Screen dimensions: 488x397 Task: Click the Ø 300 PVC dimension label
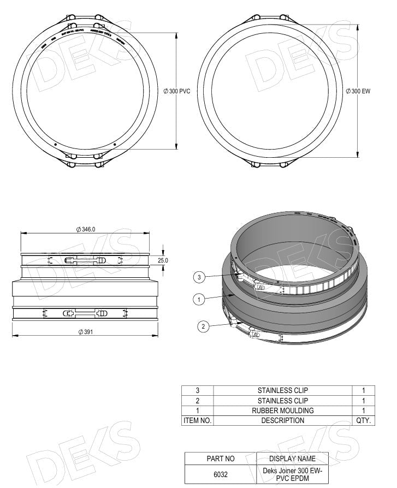tap(177, 91)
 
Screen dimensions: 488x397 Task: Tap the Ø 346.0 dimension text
tap(86, 230)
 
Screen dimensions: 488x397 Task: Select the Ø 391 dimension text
tap(85, 332)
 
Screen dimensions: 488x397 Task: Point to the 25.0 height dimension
tap(163, 261)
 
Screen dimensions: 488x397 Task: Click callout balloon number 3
tap(199, 278)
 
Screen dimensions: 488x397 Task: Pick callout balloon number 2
tap(203, 326)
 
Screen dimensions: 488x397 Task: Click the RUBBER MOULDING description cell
tap(282, 410)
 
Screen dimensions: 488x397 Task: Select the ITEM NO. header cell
tap(197, 420)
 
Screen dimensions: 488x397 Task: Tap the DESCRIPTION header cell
tap(282, 420)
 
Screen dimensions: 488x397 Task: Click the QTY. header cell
tap(363, 420)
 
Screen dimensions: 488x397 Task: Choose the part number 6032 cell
tap(221, 474)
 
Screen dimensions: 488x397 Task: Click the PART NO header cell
tap(221, 459)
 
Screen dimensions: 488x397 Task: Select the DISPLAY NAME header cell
tap(292, 459)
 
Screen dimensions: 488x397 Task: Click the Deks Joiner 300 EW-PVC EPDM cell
tap(292, 474)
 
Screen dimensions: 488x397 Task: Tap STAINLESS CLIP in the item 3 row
tap(282, 390)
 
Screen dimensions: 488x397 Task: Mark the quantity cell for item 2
tap(363, 401)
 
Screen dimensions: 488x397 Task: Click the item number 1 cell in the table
tap(197, 410)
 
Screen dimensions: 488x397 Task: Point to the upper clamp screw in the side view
tap(85, 260)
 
